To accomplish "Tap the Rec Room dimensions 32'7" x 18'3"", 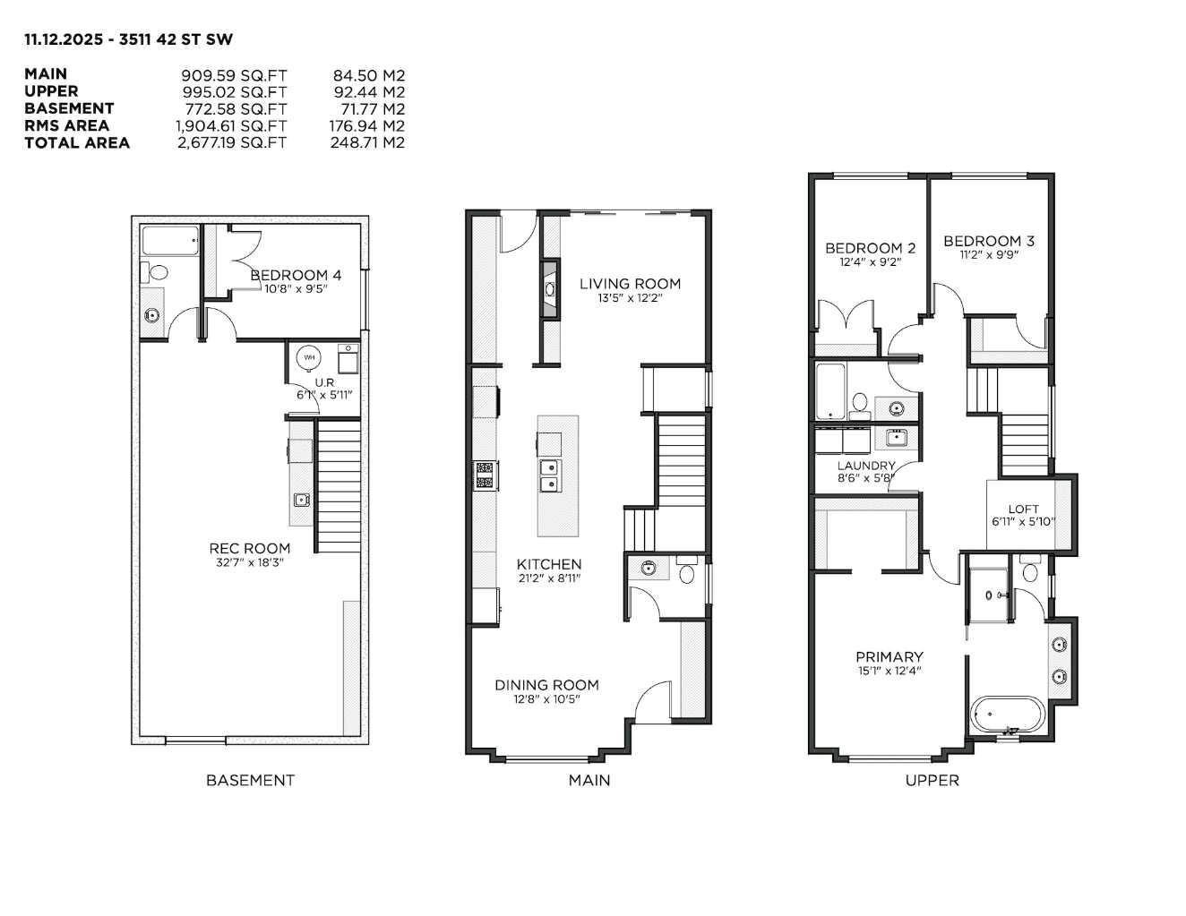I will coord(250,562).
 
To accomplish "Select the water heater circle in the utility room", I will coord(309,358).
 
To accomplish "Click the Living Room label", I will coord(630,284).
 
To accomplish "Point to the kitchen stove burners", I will coord(486,475).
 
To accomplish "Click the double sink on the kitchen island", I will coord(548,475).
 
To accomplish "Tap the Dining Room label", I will coord(546,685).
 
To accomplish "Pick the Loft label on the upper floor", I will coord(1023,509).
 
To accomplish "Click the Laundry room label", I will coord(865,466).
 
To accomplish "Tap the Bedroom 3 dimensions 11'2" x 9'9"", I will coord(988,254).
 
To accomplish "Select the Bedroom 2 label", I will coord(870,248).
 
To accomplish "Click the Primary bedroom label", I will coord(889,656).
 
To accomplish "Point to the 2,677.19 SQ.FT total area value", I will coord(231,142).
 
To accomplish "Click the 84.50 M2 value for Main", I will coord(368,75).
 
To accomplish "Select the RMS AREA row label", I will coord(66,125).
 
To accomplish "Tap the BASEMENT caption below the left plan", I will coord(250,780).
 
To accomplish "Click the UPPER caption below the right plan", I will coord(932,780).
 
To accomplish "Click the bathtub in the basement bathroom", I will coord(170,241).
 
